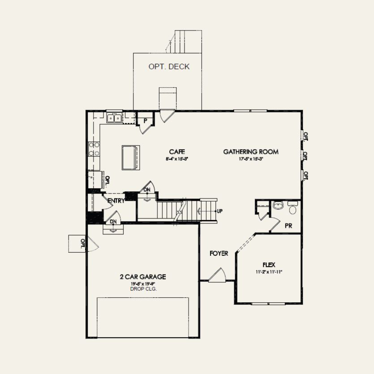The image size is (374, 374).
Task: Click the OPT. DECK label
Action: click(x=169, y=67)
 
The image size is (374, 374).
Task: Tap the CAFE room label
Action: click(x=177, y=152)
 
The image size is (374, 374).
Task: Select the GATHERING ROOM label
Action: click(x=251, y=152)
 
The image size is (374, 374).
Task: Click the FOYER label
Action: click(x=219, y=254)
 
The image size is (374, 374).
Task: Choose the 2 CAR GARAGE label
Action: click(x=143, y=277)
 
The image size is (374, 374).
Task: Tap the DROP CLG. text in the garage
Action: click(x=143, y=289)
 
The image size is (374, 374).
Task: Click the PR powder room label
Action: click(x=288, y=226)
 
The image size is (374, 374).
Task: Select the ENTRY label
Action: click(x=116, y=201)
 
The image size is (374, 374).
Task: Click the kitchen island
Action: click(x=130, y=157)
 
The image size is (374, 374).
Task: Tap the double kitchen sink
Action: click(x=114, y=118)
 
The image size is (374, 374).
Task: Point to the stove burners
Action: click(x=94, y=149)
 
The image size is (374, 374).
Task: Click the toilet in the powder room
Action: click(x=293, y=209)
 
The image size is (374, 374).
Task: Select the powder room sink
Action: click(x=278, y=206)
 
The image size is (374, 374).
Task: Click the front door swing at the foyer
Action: click(x=218, y=275)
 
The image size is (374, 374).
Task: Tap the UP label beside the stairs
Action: click(x=219, y=211)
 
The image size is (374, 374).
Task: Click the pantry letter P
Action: click(x=145, y=121)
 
